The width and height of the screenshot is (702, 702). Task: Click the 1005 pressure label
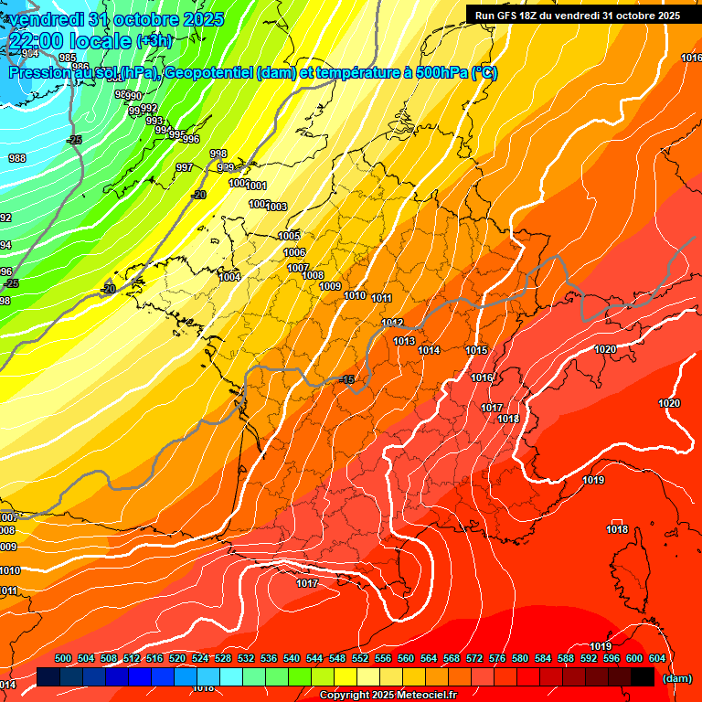pyautogui.click(x=289, y=236)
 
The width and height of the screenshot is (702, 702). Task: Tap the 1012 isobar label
pyautogui.click(x=393, y=323)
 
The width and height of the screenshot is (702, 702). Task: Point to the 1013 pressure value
pyautogui.click(x=404, y=341)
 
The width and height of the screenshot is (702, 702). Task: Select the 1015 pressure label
pyautogui.click(x=476, y=350)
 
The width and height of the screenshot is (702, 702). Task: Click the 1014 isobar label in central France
pyautogui.click(x=429, y=350)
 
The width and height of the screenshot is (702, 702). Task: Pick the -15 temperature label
pyautogui.click(x=346, y=379)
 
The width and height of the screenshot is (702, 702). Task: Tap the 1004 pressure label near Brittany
pyautogui.click(x=230, y=277)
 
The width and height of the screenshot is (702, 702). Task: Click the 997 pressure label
pyautogui.click(x=185, y=167)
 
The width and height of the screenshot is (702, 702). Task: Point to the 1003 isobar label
pyautogui.click(x=277, y=207)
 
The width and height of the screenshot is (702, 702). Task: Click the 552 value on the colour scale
pyautogui.click(x=360, y=658)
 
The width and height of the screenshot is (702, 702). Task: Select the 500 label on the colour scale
pyautogui.click(x=63, y=658)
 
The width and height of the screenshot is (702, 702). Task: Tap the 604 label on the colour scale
pyautogui.click(x=657, y=658)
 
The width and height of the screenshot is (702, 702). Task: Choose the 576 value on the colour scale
pyautogui.click(x=497, y=658)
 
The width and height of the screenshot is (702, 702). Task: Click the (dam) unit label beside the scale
pyautogui.click(x=676, y=677)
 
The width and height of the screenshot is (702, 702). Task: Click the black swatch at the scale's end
pyautogui.click(x=643, y=676)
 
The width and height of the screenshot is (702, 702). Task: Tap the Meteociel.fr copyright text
pyautogui.click(x=388, y=695)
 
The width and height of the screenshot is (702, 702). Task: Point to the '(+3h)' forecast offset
pyautogui.click(x=154, y=41)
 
